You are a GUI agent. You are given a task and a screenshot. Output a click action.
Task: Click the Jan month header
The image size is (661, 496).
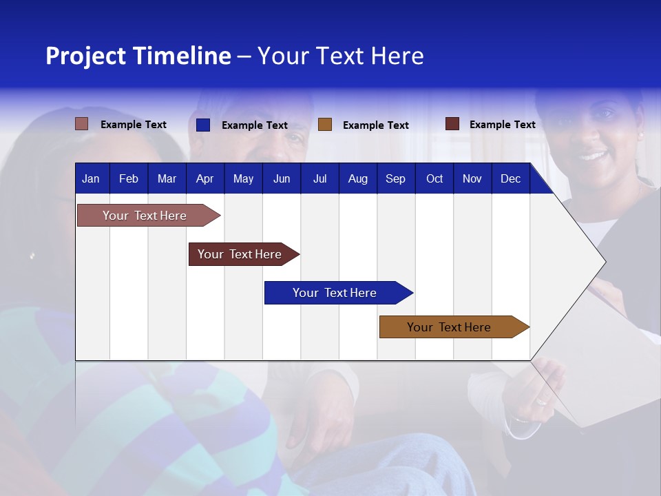coord(91,179)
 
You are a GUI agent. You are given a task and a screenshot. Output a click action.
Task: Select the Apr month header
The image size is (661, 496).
coord(204,179)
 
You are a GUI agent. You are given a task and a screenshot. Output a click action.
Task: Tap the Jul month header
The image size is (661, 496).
coord(319,179)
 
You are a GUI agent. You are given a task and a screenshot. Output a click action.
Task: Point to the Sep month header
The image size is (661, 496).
coord(395,179)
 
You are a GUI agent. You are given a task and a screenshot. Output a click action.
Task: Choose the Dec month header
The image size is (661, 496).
coord(510,179)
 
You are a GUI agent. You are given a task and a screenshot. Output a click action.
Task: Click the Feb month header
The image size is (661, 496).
coord(129,179)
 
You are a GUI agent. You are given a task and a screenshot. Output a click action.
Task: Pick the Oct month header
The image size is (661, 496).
coord(434,179)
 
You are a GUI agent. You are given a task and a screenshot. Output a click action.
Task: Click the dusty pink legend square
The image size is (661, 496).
coord(82,124)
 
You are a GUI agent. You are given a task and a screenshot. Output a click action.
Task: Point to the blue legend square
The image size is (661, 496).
coord(203,125)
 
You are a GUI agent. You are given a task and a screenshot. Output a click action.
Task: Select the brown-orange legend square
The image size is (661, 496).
coord(325,125)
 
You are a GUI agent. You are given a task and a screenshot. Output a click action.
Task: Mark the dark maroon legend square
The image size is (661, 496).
coord(452,124)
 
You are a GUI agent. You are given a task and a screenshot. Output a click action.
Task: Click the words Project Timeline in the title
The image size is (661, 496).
coord(138,56)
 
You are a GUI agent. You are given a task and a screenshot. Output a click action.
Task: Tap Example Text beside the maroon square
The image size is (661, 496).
coord(502,125)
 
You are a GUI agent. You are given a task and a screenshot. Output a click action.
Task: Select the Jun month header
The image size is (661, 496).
coord(282,179)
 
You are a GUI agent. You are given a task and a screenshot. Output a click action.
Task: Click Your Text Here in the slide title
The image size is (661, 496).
coord(340,56)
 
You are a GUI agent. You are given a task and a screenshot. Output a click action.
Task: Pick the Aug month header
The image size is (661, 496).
coord(357,179)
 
